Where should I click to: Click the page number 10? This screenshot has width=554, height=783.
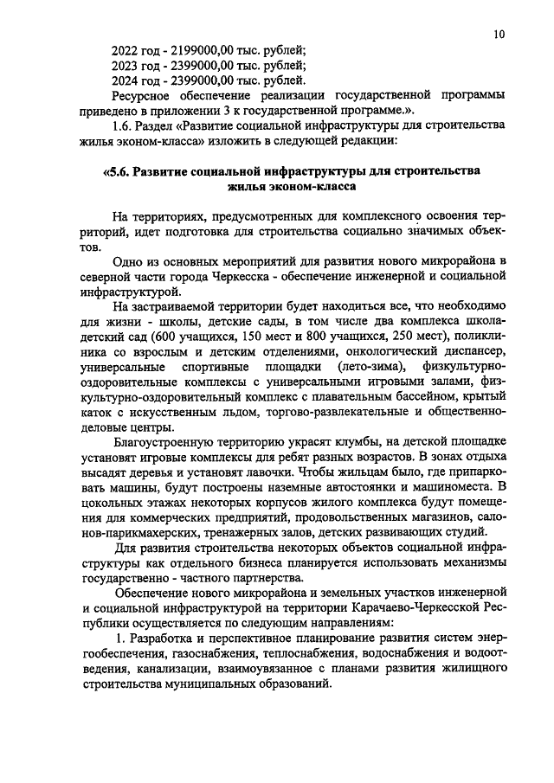click(499, 35)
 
